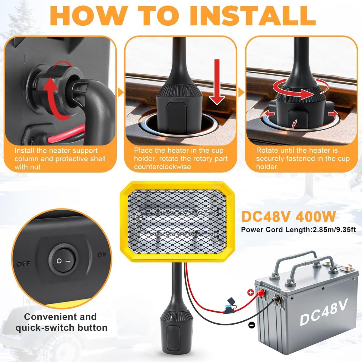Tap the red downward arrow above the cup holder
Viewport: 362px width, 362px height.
[217, 82]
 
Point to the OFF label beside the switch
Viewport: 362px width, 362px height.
[24, 264]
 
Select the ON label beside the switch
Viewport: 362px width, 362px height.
[102, 255]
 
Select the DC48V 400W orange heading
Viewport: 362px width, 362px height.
[288, 217]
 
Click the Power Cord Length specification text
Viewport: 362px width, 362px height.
[298, 230]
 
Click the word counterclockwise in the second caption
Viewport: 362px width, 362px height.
[163, 167]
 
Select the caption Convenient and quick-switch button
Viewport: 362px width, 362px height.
[61, 322]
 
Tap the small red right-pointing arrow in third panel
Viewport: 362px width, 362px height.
[333, 113]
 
